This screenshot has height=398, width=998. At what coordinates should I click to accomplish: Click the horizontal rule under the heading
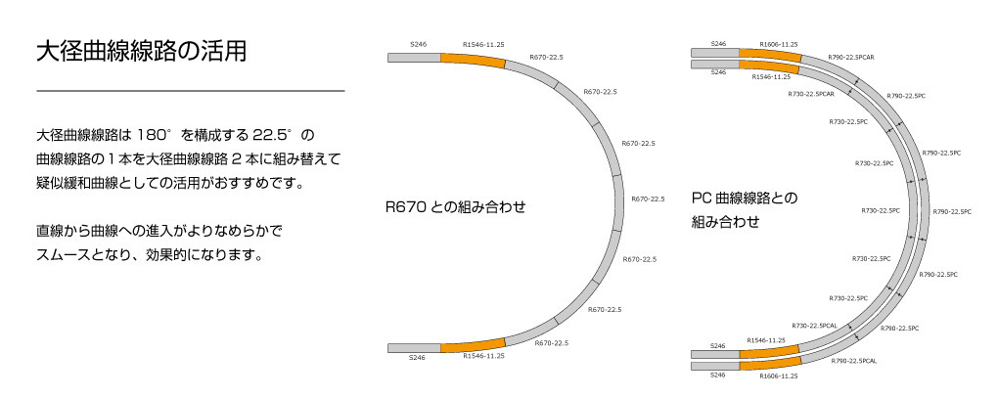pyautogui.click(x=190, y=91)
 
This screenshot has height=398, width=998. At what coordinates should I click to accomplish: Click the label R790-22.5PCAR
pyautogui.click(x=850, y=58)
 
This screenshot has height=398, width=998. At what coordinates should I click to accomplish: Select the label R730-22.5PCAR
pyautogui.click(x=810, y=94)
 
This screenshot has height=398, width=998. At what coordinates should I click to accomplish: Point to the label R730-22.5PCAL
pyautogui.click(x=814, y=325)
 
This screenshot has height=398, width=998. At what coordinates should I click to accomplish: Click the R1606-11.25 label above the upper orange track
pyautogui.click(x=778, y=44)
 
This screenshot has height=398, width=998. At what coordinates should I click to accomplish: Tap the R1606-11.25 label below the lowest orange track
pyautogui.click(x=778, y=376)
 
